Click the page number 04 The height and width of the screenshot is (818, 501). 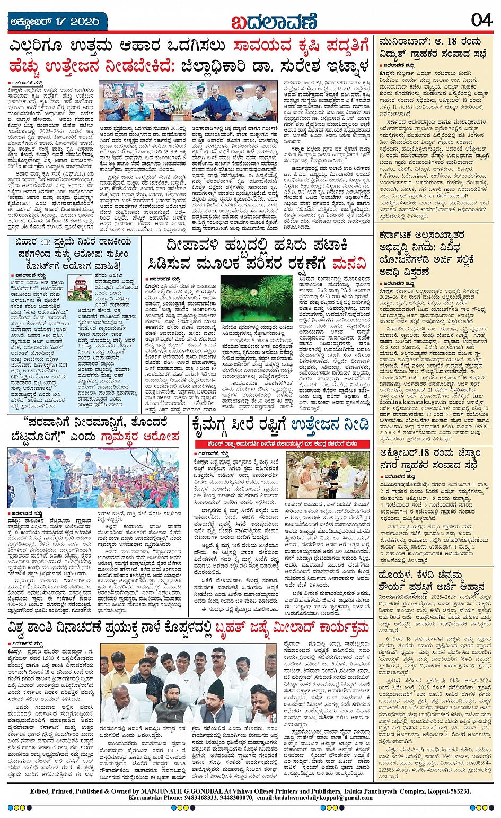tap(481, 20)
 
